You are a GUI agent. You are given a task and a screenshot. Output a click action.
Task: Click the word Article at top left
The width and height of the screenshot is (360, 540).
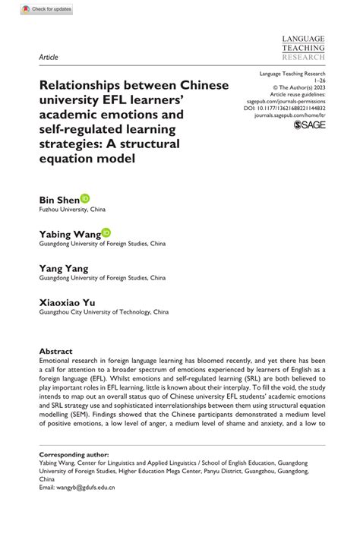(49, 56)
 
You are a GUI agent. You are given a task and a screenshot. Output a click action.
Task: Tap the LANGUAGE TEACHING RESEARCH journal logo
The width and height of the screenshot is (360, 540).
(302, 47)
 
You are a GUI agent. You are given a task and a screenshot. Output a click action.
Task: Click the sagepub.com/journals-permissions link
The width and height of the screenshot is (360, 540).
(298, 101)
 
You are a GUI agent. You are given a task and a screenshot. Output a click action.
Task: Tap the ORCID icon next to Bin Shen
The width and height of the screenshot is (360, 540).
(84, 197)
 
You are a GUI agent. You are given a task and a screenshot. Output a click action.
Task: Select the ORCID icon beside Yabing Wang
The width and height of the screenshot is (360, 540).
(106, 232)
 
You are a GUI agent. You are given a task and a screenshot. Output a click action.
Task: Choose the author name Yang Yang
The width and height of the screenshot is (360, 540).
(63, 268)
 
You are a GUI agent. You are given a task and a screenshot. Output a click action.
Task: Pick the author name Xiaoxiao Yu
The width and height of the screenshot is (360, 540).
(68, 302)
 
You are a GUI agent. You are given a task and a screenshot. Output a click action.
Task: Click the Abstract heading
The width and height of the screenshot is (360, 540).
(56, 352)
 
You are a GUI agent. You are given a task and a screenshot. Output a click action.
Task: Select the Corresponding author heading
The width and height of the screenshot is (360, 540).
(74, 453)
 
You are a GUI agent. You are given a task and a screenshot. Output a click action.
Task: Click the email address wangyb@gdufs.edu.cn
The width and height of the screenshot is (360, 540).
(85, 486)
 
